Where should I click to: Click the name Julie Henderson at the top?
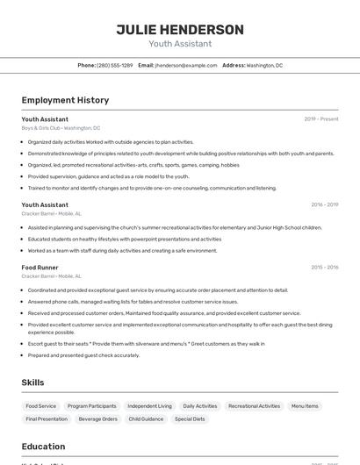pos(180,30)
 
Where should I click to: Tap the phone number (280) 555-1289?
pos(115,65)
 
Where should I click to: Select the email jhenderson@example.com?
pos(186,65)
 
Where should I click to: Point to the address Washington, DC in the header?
pos(264,65)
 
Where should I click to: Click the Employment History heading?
pos(65,100)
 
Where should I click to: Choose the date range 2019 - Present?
pos(320,118)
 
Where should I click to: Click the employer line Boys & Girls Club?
pos(61,128)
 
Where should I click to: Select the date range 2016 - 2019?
pos(324,204)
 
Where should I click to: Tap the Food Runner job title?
pos(40,267)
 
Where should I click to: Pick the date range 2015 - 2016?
pos(324,267)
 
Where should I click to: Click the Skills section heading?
pos(32,383)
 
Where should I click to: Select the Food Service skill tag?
pos(40,406)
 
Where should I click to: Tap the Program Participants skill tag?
pos(91,406)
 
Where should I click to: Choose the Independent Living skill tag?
pos(149,406)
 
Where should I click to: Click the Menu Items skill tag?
pos(305,406)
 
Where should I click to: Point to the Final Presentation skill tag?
pos(47,419)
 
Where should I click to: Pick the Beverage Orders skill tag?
pos(97,419)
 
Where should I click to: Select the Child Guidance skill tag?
pos(146,419)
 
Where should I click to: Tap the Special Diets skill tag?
pos(190,419)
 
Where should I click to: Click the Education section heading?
pos(43,447)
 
